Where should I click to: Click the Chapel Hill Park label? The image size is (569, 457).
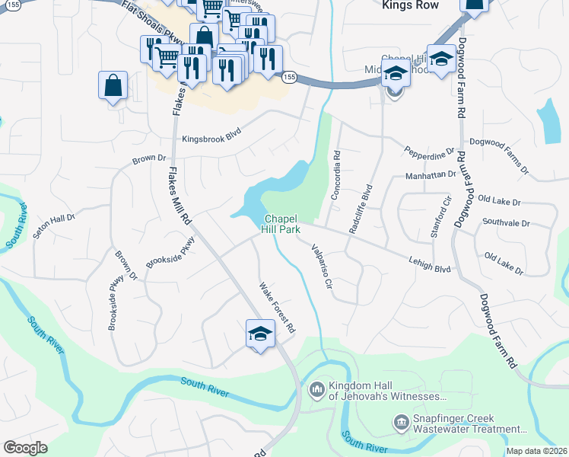click(x=281, y=223)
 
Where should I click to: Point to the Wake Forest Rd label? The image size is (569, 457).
click(x=277, y=309)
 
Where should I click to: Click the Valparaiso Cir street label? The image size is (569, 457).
click(x=321, y=264)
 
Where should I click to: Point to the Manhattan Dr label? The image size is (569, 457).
click(x=430, y=175)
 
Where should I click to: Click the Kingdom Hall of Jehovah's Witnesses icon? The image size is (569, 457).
click(x=316, y=391)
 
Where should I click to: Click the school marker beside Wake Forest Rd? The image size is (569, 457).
click(x=260, y=334)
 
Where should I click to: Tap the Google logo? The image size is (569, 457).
click(x=25, y=448)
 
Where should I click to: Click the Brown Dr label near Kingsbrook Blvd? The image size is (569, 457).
click(x=149, y=159)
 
